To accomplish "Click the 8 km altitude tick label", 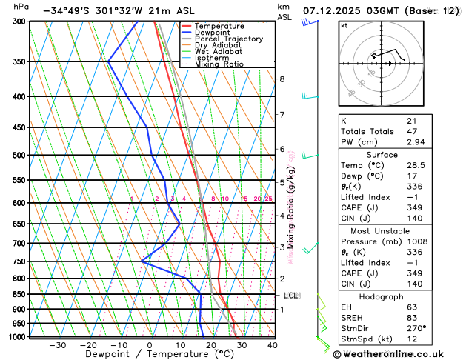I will (x=282, y=79).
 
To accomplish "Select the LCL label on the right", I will (x=291, y=296).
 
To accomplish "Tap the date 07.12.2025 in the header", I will (x=336, y=11).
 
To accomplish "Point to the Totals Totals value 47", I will (x=411, y=130).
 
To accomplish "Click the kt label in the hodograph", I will (x=344, y=26).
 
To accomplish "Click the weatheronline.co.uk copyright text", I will (x=397, y=353).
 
